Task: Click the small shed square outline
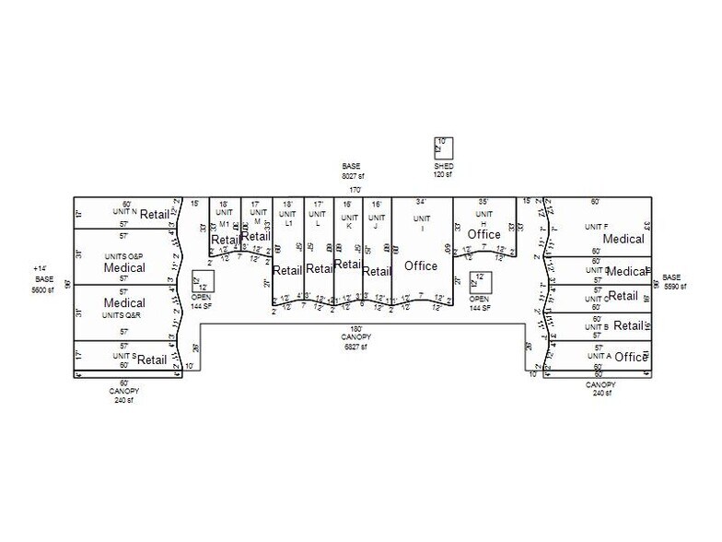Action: pos(444,147)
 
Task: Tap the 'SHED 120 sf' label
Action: pos(444,170)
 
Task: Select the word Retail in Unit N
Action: pos(155,215)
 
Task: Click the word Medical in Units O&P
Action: pos(124,268)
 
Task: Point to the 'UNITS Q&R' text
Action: pos(124,314)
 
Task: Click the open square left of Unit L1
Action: pos(203,281)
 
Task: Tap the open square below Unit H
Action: pos(480,281)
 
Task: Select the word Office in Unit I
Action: pos(421,266)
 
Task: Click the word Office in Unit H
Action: pos(483,235)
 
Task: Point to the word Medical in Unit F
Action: pos(623,240)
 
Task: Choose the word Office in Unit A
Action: pos(631,358)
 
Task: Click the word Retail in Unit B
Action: pos(628,325)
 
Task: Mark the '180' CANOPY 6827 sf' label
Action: pos(355,341)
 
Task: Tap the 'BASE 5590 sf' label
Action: pos(671,280)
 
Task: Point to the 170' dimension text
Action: pos(355,191)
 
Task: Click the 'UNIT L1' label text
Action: pos(288,218)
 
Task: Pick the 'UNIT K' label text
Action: pos(348,221)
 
